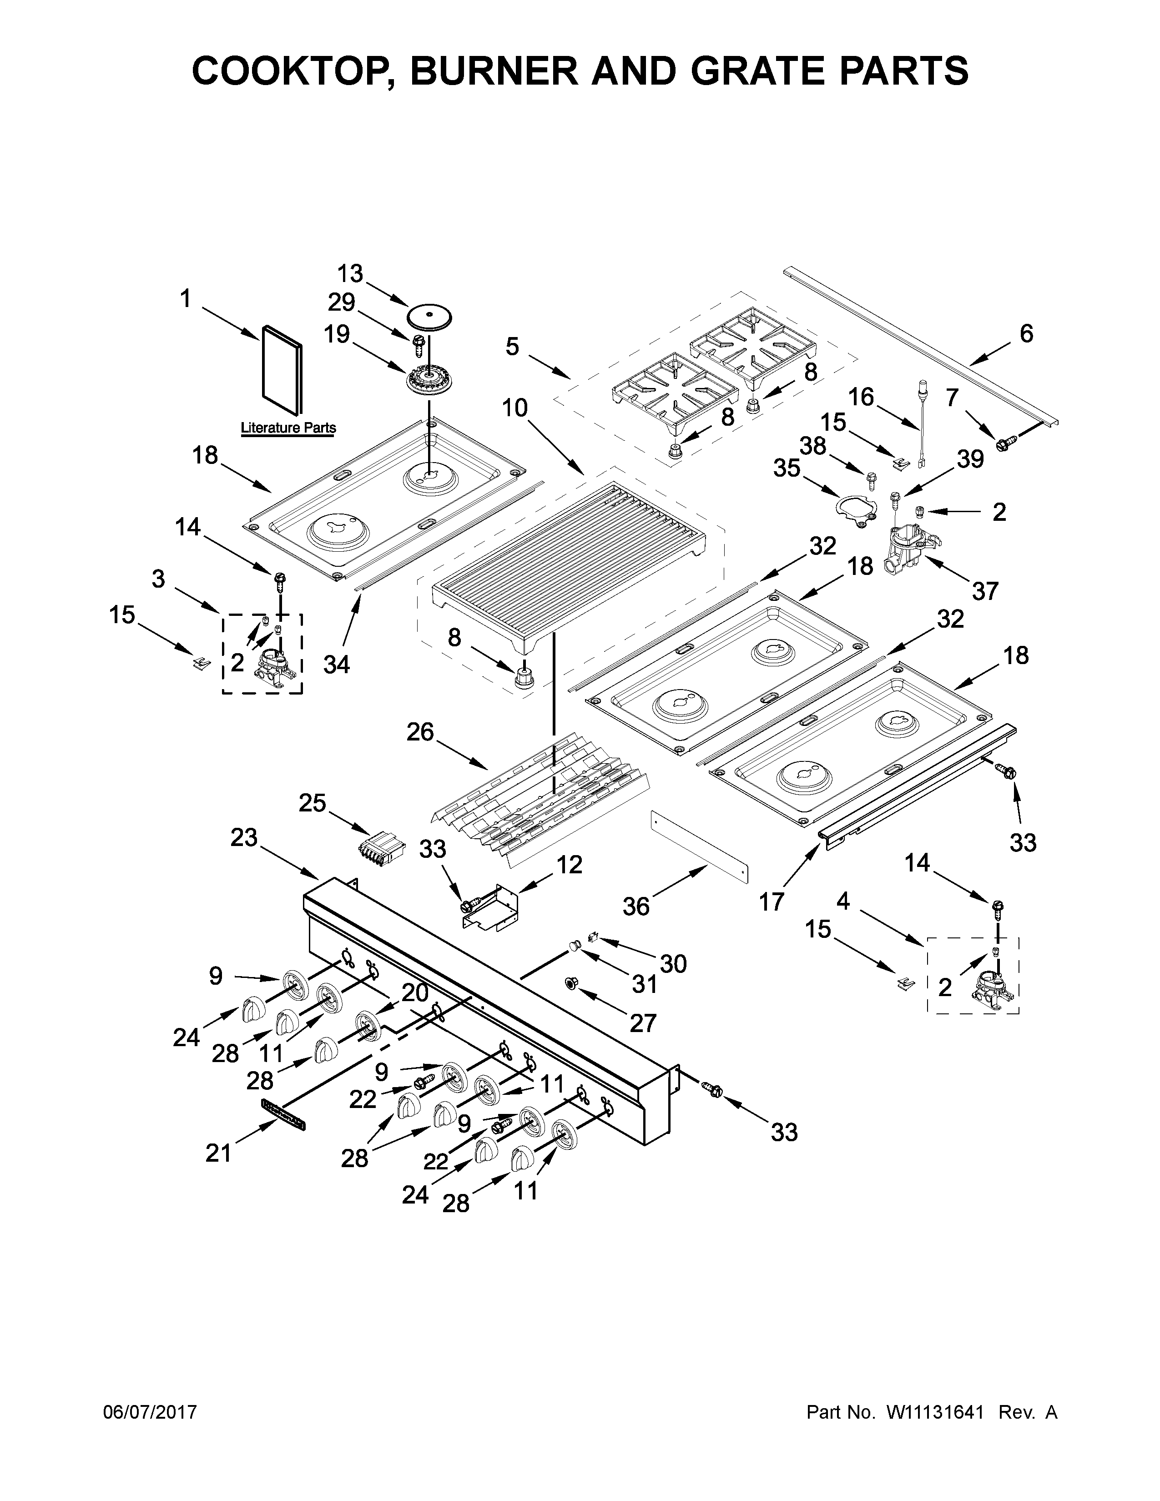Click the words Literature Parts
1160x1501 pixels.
pos(288,428)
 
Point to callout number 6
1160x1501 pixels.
pos(1025,333)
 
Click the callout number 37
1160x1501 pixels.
pos(985,590)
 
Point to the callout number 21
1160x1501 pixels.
pos(218,1153)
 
